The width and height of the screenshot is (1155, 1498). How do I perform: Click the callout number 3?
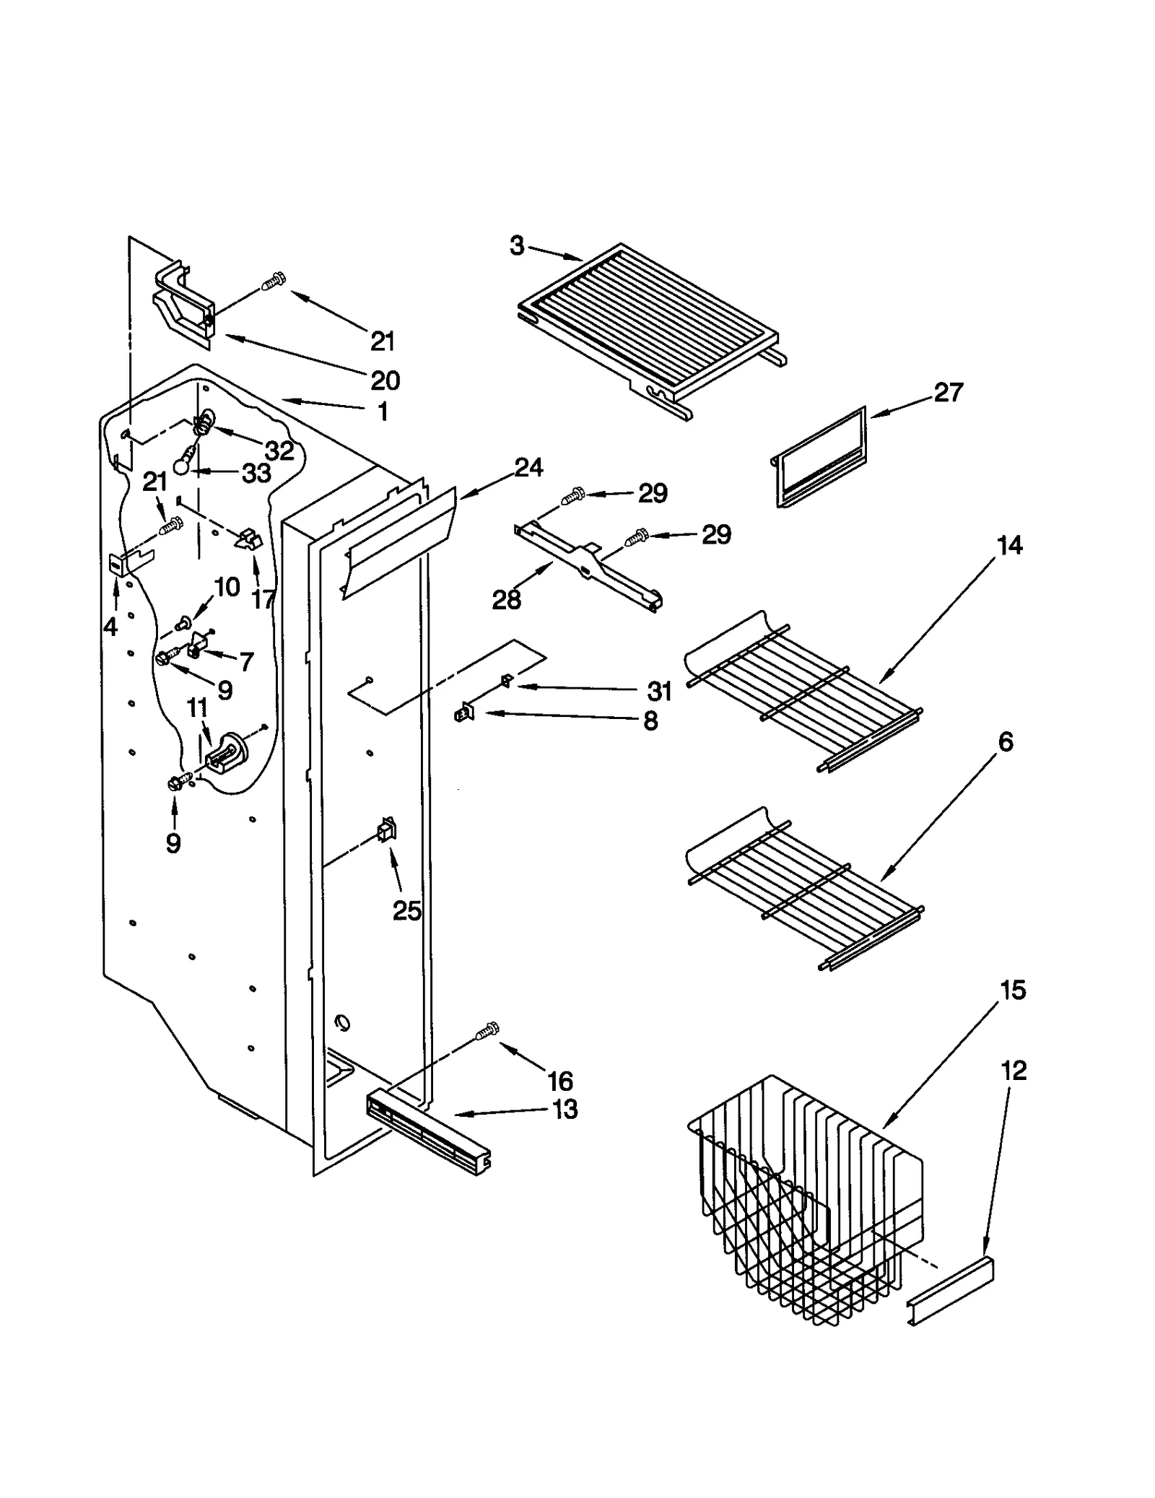tap(517, 246)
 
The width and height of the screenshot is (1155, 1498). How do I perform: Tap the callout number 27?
tap(948, 393)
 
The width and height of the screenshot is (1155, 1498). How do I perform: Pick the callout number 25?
tap(406, 911)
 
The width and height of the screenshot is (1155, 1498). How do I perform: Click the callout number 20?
tap(385, 380)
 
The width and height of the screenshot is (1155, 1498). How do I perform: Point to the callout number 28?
tap(506, 599)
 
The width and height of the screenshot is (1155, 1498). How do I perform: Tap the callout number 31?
tap(659, 691)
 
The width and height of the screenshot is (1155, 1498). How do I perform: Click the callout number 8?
tap(650, 720)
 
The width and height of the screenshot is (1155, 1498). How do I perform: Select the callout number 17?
tap(263, 598)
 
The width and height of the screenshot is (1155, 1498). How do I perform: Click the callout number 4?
tap(110, 627)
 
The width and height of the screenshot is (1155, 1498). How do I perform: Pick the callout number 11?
tap(197, 708)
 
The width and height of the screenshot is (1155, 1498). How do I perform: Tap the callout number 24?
tap(528, 468)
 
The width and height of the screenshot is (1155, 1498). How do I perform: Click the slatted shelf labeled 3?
tap(650, 325)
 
